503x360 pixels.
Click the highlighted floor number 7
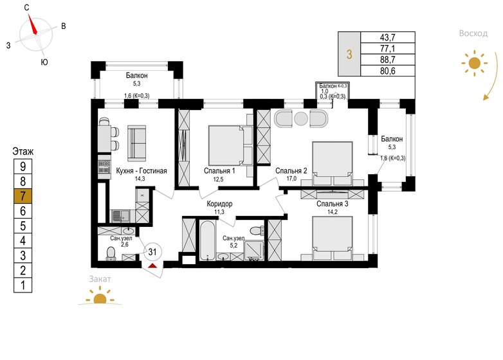pyautogui.click(x=23, y=196)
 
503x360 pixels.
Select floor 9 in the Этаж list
pyautogui.click(x=23, y=166)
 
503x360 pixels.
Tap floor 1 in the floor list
pyautogui.click(x=23, y=285)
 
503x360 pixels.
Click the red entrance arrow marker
pyautogui.click(x=152, y=265)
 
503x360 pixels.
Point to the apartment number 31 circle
pyautogui.click(x=152, y=251)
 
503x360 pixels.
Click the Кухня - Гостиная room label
pyautogui.click(x=142, y=171)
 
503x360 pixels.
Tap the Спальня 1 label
pyautogui.click(x=219, y=171)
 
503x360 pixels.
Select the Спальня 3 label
pyautogui.click(x=333, y=204)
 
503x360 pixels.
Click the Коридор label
pyautogui.click(x=219, y=204)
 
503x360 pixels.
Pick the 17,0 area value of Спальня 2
pyautogui.click(x=291, y=179)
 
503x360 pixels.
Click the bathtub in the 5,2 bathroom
pyautogui.click(x=208, y=240)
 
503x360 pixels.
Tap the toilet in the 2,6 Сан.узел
pyautogui.click(x=111, y=253)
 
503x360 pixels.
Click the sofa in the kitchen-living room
pyautogui.click(x=137, y=143)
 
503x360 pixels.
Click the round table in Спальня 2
pyautogui.click(x=301, y=119)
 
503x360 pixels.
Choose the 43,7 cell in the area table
pyautogui.click(x=388, y=37)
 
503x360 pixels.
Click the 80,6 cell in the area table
pyautogui.click(x=388, y=71)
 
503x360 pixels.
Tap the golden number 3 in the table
pyautogui.click(x=349, y=54)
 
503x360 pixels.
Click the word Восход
pyautogui.click(x=473, y=33)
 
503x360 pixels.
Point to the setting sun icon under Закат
pyautogui.click(x=100, y=297)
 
